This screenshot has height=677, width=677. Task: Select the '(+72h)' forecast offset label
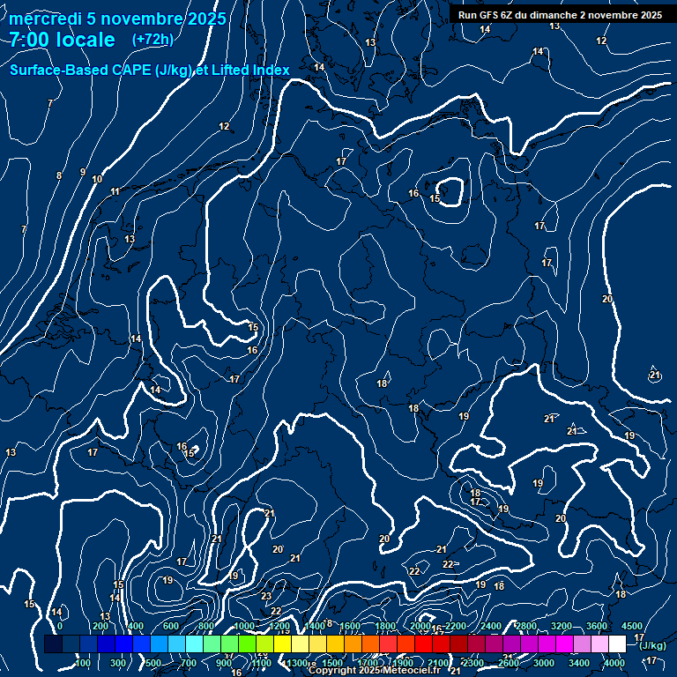tap(153, 40)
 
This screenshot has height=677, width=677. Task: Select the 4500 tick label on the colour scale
tap(631, 626)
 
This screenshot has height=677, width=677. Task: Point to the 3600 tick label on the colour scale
tap(597, 626)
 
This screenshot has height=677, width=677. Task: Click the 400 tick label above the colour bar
tap(136, 626)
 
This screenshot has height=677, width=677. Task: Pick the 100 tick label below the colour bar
tap(83, 663)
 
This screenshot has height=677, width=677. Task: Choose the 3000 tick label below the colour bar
tap(544, 663)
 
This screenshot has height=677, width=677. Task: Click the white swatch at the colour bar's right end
tap(617, 644)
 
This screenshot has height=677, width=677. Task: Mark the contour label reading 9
tap(83, 172)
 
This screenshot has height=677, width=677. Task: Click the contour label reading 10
tap(97, 180)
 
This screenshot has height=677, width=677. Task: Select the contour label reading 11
tap(115, 191)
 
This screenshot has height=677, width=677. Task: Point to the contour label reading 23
tap(266, 596)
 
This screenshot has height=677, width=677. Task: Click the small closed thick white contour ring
tap(450, 191)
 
